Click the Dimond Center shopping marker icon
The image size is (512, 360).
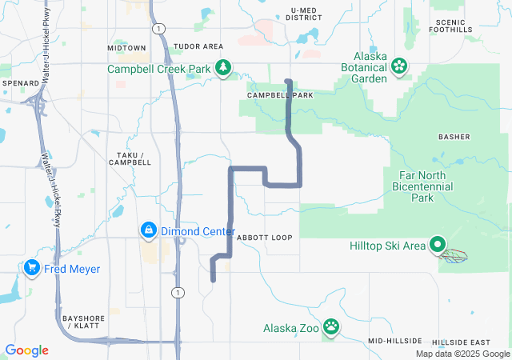pyautogui.click(x=148, y=231)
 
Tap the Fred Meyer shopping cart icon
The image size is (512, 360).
pyautogui.click(x=33, y=267)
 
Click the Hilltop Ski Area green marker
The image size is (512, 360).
pyautogui.click(x=438, y=246)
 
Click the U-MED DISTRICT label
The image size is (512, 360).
pyautogui.click(x=305, y=14)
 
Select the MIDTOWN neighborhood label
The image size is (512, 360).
pyautogui.click(x=126, y=48)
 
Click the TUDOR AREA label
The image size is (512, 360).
pyautogui.click(x=198, y=47)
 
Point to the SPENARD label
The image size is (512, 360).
pyautogui.click(x=21, y=83)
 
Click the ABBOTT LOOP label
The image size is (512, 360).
pyautogui.click(x=265, y=238)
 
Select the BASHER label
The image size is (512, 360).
pyautogui.click(x=454, y=137)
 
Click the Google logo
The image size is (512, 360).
pyautogui.click(x=27, y=350)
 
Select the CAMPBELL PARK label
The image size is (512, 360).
pyautogui.click(x=280, y=94)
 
